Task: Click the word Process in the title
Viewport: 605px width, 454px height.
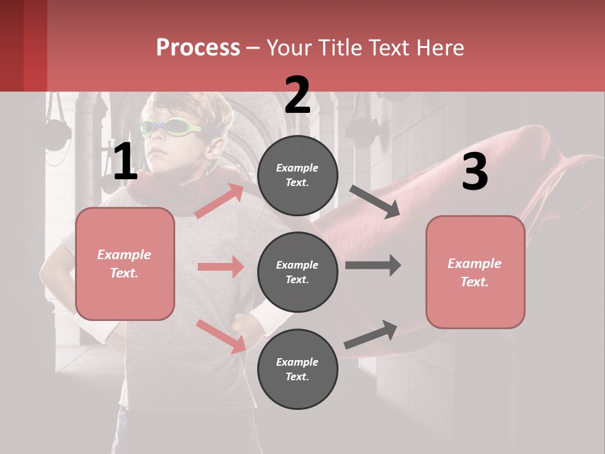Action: pyautogui.click(x=198, y=48)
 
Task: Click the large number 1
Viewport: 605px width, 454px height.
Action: pyautogui.click(x=125, y=162)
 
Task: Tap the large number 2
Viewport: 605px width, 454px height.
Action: pyautogui.click(x=297, y=95)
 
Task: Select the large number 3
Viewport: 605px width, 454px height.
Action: pyautogui.click(x=475, y=172)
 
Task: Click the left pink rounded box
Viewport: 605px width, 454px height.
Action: pyautogui.click(x=125, y=264)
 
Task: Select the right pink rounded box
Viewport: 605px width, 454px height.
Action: pyautogui.click(x=475, y=272)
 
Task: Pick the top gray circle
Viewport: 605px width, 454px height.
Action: pyautogui.click(x=297, y=175)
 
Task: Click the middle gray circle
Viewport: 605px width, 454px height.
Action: pyautogui.click(x=297, y=272)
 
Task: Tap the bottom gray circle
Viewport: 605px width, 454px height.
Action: pyautogui.click(x=297, y=369)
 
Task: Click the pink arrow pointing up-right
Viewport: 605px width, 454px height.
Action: pyautogui.click(x=219, y=201)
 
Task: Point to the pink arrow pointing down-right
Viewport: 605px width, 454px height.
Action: pyautogui.click(x=221, y=335)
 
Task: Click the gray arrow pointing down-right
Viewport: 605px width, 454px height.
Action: pyautogui.click(x=375, y=201)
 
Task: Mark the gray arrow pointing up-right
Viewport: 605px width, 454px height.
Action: pyautogui.click(x=371, y=335)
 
